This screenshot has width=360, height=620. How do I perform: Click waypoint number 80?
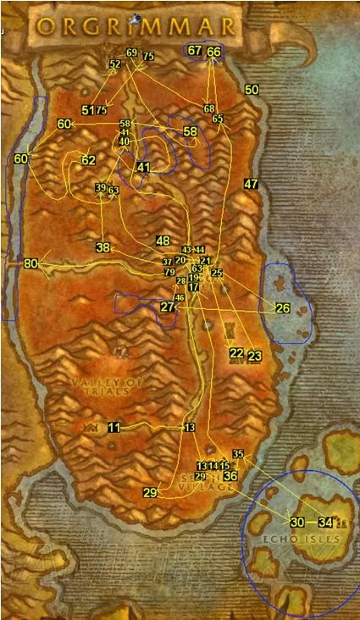pyautogui.click(x=31, y=264)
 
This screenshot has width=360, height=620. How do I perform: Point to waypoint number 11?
pyautogui.click(x=114, y=428)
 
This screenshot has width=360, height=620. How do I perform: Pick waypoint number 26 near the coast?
pyautogui.click(x=283, y=307)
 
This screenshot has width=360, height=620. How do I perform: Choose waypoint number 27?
pyautogui.click(x=167, y=307)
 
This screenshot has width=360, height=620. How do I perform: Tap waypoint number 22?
pyautogui.click(x=236, y=353)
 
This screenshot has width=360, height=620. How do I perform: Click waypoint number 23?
pyautogui.click(x=255, y=356)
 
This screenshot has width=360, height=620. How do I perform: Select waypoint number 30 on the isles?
pyautogui.click(x=296, y=522)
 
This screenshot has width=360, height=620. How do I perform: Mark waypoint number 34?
pyautogui.click(x=325, y=522)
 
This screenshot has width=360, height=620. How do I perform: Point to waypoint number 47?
pyautogui.click(x=250, y=184)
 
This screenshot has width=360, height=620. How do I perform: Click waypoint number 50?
pyautogui.click(x=252, y=90)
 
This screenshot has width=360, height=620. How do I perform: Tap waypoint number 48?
pyautogui.click(x=163, y=241)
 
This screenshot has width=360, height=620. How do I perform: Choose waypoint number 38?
pyautogui.click(x=103, y=248)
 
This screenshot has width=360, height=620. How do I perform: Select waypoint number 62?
pyautogui.click(x=88, y=159)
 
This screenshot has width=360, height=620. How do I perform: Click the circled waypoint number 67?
pyautogui.click(x=195, y=52)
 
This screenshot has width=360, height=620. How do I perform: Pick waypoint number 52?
pyautogui.click(x=115, y=64)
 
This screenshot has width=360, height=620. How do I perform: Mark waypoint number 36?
pyautogui.click(x=230, y=476)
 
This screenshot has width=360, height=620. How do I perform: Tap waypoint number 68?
pyautogui.click(x=209, y=108)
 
